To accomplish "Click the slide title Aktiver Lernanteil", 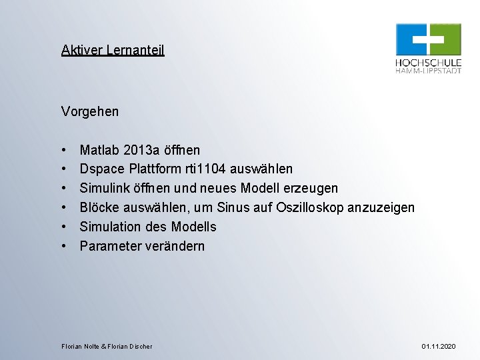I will (x=113, y=50).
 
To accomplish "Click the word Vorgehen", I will (x=90, y=111).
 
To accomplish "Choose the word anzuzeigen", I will (x=381, y=208).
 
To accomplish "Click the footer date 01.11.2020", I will (x=439, y=347).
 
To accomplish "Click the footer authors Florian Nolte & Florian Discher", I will (x=107, y=347).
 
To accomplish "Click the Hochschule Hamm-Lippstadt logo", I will (x=428, y=48).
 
